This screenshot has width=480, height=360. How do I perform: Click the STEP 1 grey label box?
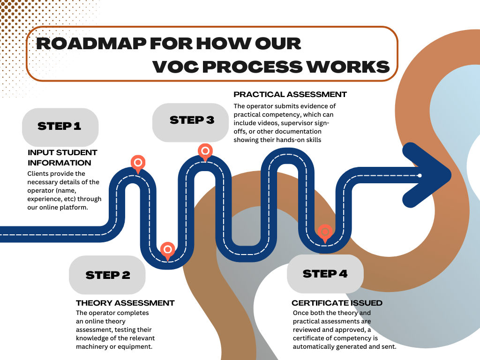point(60,127)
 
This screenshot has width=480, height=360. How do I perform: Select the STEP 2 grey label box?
point(107,275)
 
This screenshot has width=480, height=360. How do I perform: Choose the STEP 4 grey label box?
point(325,274)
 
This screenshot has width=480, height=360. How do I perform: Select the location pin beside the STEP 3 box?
point(205,151)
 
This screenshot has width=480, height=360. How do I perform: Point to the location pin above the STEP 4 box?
point(324,233)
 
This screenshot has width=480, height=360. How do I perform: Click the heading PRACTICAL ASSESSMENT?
point(290,95)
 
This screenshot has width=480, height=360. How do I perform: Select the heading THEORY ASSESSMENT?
point(125,303)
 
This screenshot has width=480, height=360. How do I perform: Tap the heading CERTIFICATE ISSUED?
point(337,303)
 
